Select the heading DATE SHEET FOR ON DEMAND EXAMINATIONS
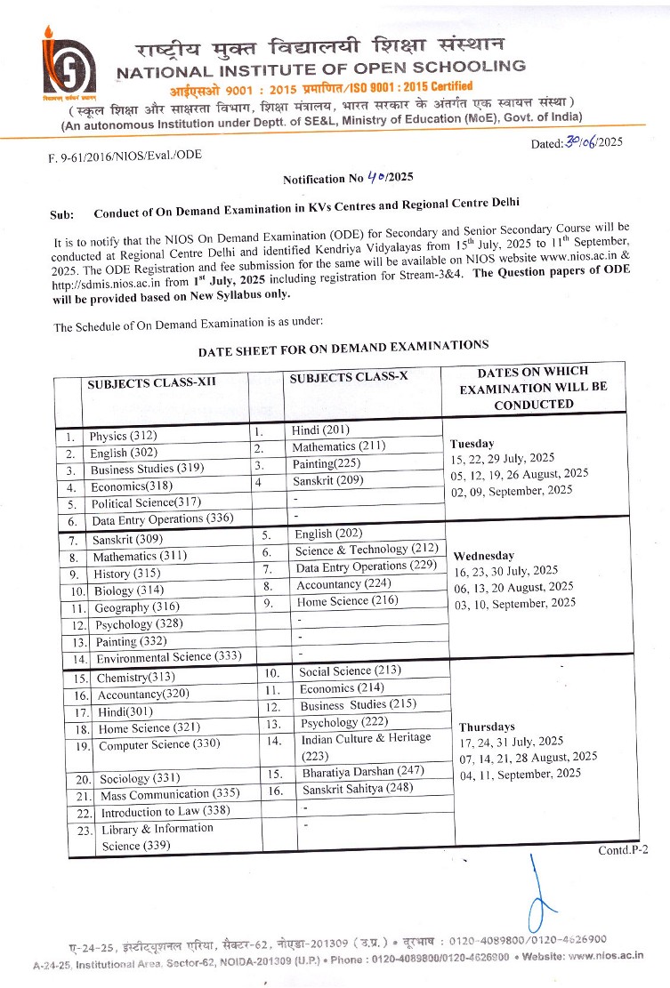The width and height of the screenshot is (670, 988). [x=343, y=347]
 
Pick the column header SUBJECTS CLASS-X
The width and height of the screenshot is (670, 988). [x=349, y=377]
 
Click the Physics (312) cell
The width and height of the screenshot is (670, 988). [x=122, y=437]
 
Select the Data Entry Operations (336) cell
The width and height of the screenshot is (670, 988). [x=148, y=519]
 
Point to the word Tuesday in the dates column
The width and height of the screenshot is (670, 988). [x=472, y=443]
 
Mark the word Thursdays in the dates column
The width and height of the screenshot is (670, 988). [x=488, y=726]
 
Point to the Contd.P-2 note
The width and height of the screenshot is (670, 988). [x=623, y=849]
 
